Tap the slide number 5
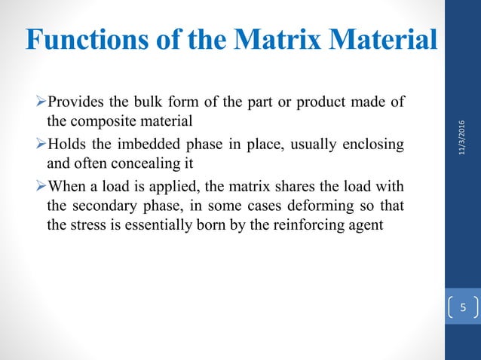(464, 307)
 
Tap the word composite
(102, 120)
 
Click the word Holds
(66, 143)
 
